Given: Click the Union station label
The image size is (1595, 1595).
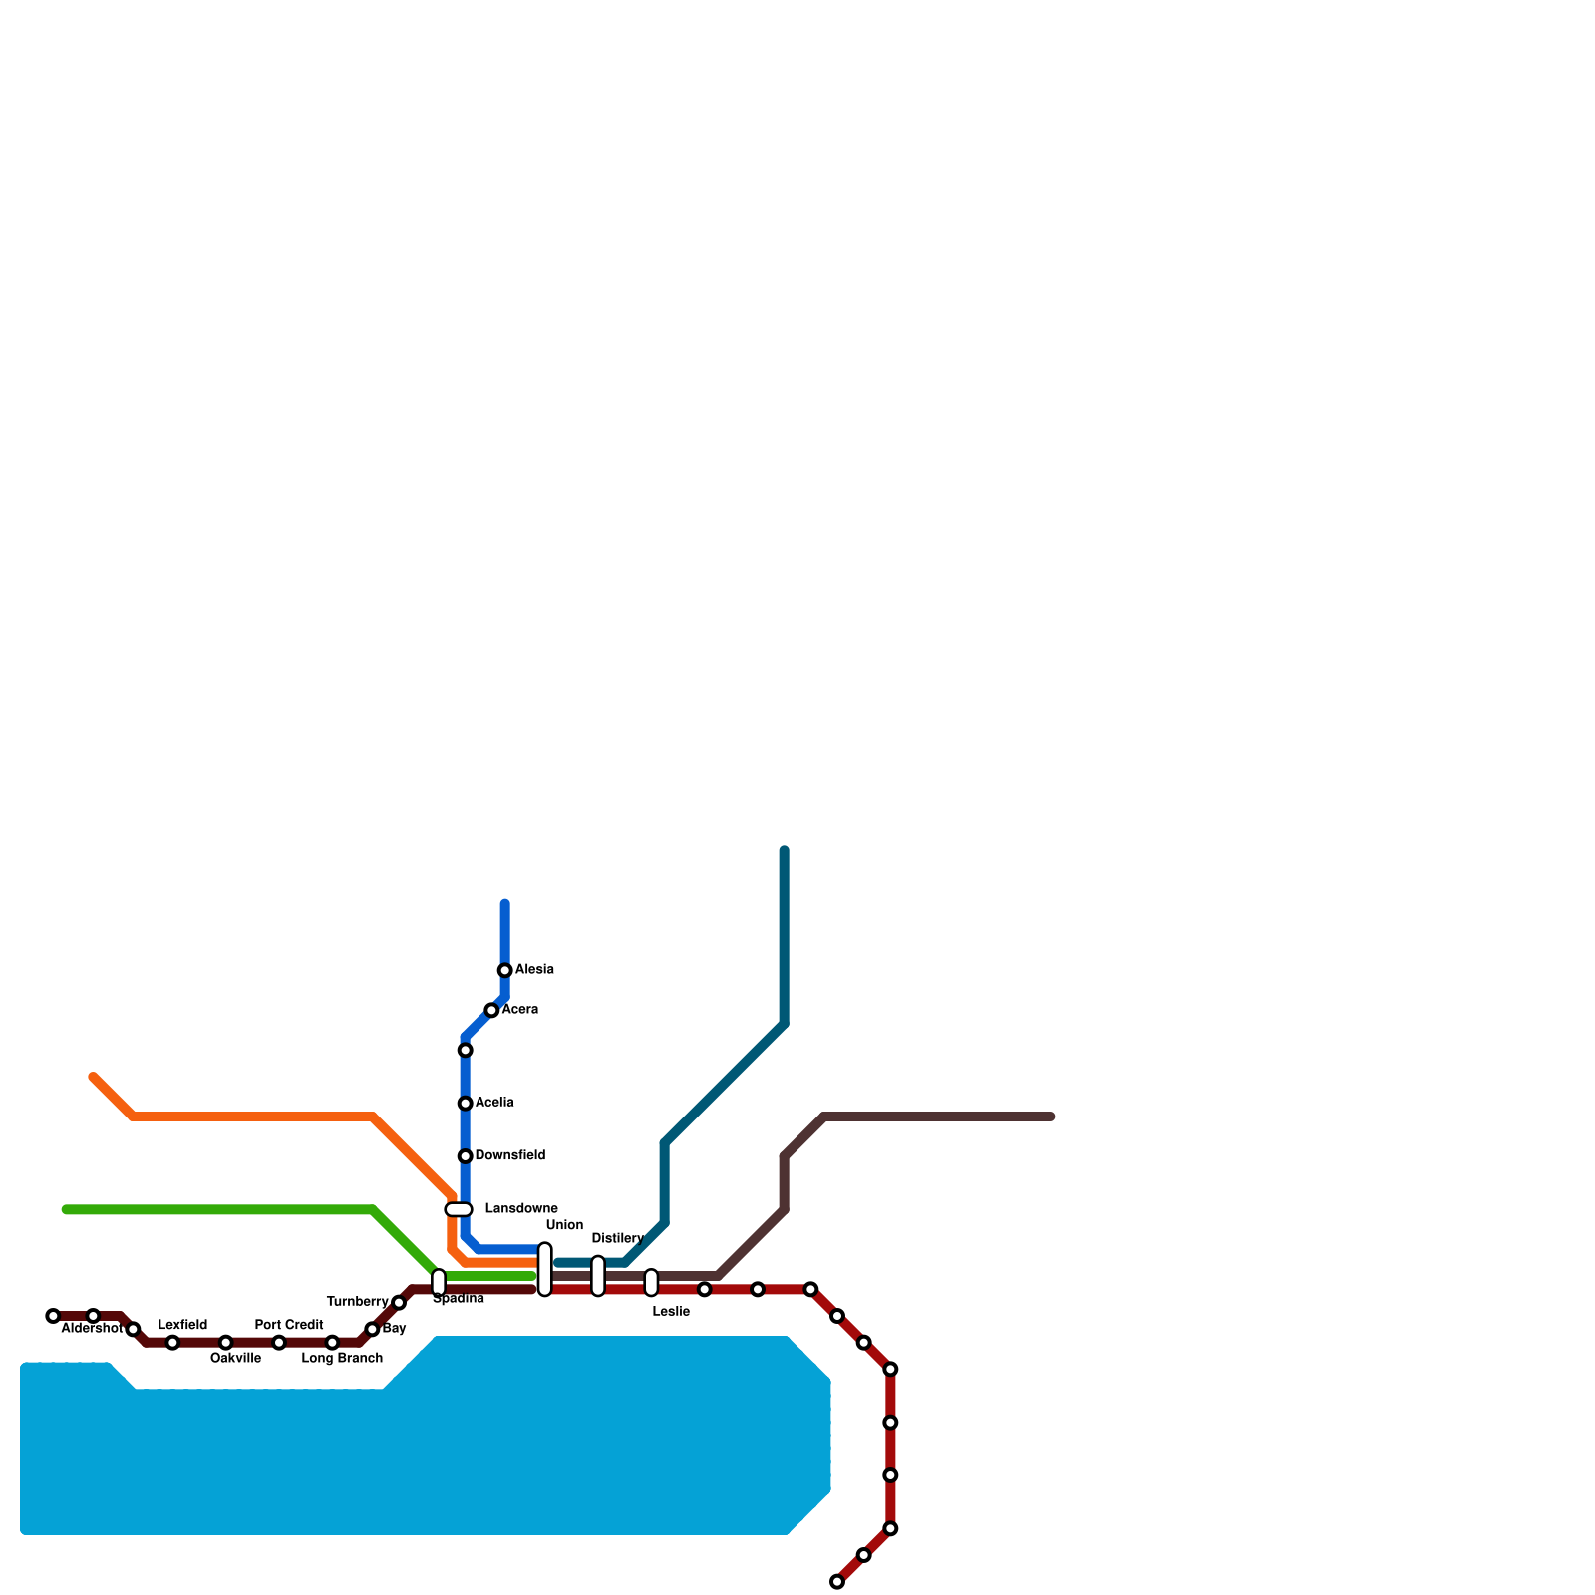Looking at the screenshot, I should coord(564,1225).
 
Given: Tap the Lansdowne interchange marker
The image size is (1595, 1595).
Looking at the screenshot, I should coord(459,1209).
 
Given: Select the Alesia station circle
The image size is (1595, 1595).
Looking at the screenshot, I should coord(505,970).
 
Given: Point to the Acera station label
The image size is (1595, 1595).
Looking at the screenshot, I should coord(519,1010).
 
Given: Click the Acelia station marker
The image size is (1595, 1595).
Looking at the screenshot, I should coord(466,1103).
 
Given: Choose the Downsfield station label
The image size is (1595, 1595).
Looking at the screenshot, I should coord(509,1155).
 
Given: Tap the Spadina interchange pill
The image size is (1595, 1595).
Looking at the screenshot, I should coord(439,1282).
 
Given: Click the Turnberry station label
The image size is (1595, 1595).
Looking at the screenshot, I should coord(357,1302).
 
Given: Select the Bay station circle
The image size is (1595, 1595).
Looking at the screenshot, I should coord(372,1329).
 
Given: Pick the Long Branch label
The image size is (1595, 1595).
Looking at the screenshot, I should coord(342,1359).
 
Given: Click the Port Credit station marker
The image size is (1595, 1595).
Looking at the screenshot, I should coord(279,1343).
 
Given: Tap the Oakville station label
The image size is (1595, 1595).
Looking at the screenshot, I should coord(235,1359).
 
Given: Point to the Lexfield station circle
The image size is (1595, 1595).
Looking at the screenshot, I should coord(173,1343).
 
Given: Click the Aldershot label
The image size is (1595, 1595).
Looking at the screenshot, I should coord(92,1329).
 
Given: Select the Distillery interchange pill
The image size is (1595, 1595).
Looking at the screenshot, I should coord(598,1276).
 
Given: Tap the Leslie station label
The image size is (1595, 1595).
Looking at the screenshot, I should coord(671,1312).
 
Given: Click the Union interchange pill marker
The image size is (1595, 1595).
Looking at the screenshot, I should coord(545,1269).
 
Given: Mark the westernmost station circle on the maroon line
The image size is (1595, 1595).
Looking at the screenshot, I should coord(53,1316).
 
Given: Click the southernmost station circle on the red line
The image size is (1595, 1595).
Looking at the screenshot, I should coord(837,1582).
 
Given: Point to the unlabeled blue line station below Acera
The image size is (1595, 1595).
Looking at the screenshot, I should coord(466,1050).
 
